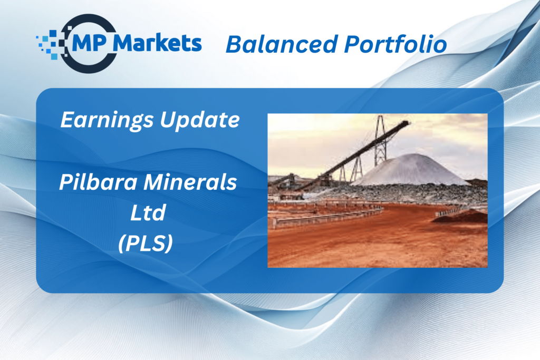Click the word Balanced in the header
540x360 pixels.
click(x=282, y=44)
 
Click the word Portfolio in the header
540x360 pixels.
click(x=396, y=44)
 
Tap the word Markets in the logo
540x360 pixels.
click(x=157, y=43)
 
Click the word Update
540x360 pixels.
click(x=200, y=120)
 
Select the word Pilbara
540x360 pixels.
click(x=99, y=182)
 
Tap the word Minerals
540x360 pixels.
click(x=190, y=182)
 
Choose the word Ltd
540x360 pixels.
click(x=148, y=212)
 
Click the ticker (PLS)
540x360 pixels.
click(x=146, y=243)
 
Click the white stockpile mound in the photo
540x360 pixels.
click(x=412, y=170)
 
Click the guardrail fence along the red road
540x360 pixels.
click(x=327, y=215)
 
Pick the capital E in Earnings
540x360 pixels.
click(x=68, y=120)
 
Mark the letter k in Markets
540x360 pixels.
click(x=166, y=43)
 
